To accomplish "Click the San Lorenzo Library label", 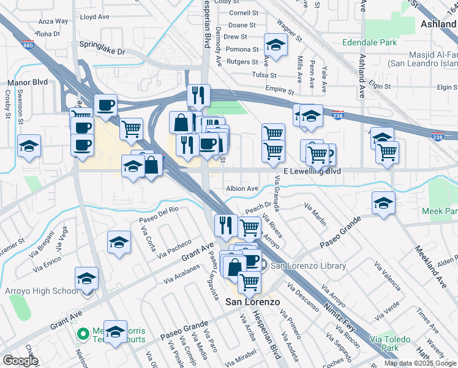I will coord(308,266).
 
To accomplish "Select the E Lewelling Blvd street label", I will coord(312,172).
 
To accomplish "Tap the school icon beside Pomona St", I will coord(276,44).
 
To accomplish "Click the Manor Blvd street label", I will coord(27,82).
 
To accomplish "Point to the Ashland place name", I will coord(438,24).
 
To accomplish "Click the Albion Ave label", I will coord(241,189).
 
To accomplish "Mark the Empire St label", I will coord(279,90).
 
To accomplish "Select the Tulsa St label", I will coord(265,75).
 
